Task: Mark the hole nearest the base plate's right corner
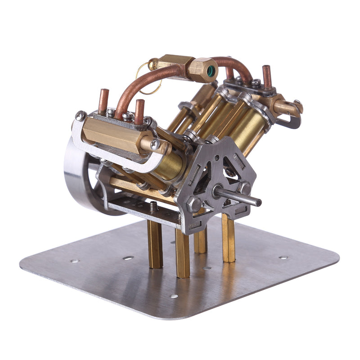[x=283, y=257]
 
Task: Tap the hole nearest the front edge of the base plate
[x=174, y=296]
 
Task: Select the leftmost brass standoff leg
[x=155, y=245]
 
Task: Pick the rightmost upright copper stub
[x=267, y=77]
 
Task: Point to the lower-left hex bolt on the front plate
[x=194, y=205]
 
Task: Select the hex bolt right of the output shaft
[x=245, y=187]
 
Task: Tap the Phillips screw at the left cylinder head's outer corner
[x=80, y=116]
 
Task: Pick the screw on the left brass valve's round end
[x=155, y=144]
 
